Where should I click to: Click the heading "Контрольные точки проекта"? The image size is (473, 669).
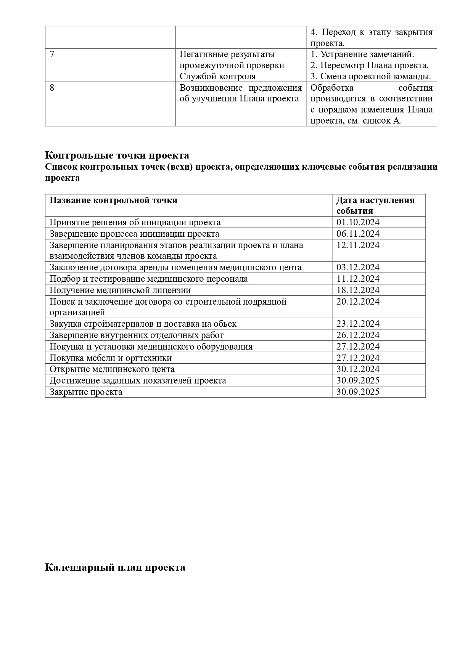pos(117,156)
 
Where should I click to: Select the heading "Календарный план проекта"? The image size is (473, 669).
pos(115,567)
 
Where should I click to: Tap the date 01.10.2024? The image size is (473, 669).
pos(358,223)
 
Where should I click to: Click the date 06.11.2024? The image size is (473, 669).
pos(358,234)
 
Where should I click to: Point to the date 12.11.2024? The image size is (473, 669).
pos(358,245)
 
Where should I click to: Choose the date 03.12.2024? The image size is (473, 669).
pos(358,268)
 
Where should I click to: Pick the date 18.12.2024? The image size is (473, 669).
pos(358,290)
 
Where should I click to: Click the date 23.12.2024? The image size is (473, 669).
pos(358,324)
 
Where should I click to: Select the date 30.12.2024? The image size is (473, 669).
pos(358,369)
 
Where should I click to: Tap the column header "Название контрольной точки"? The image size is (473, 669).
pos(114,201)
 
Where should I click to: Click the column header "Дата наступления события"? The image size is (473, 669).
pos(375,205)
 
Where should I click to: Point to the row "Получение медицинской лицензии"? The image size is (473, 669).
pos(120,290)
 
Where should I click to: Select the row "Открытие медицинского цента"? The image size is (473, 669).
pos(112,369)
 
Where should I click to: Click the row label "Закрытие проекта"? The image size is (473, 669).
pos(86,392)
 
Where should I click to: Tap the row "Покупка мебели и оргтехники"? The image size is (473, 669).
pos(111,358)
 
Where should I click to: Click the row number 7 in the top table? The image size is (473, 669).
pos(52,55)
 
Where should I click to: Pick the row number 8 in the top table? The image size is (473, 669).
pos(52,88)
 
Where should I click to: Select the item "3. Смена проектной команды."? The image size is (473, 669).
pos(371,77)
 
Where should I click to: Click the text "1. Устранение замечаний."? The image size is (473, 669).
pos(362,55)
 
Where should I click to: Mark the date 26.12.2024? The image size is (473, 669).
pos(358,335)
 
